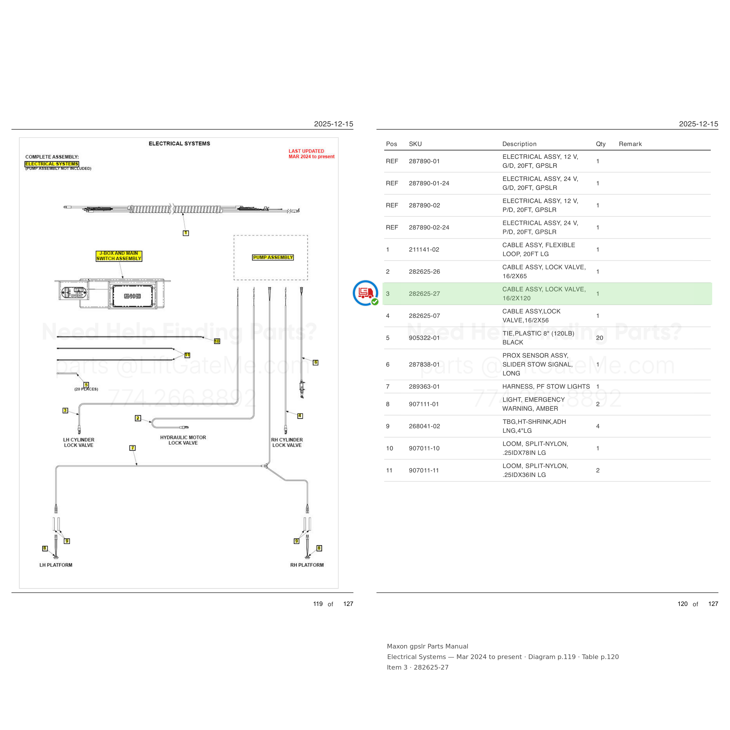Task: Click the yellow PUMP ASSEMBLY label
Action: tap(273, 257)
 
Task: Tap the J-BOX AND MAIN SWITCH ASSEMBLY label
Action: tap(119, 256)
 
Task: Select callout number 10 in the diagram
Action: tap(217, 341)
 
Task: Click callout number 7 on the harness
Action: tap(132, 448)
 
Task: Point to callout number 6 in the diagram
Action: tap(315, 362)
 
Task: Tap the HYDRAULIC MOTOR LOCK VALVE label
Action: tap(183, 440)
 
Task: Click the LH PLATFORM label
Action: tap(56, 565)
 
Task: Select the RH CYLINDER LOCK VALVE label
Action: tap(287, 442)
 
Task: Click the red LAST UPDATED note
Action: tap(311, 154)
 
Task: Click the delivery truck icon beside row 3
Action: tap(365, 293)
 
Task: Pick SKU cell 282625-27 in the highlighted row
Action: tap(424, 293)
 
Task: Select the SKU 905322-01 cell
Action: tap(424, 338)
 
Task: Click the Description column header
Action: tap(519, 144)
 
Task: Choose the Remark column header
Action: tap(630, 144)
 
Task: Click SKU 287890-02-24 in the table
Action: tap(429, 227)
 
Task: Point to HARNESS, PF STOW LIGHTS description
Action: tap(546, 387)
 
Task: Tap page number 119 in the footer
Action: tap(318, 604)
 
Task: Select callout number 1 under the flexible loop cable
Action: tap(185, 233)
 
